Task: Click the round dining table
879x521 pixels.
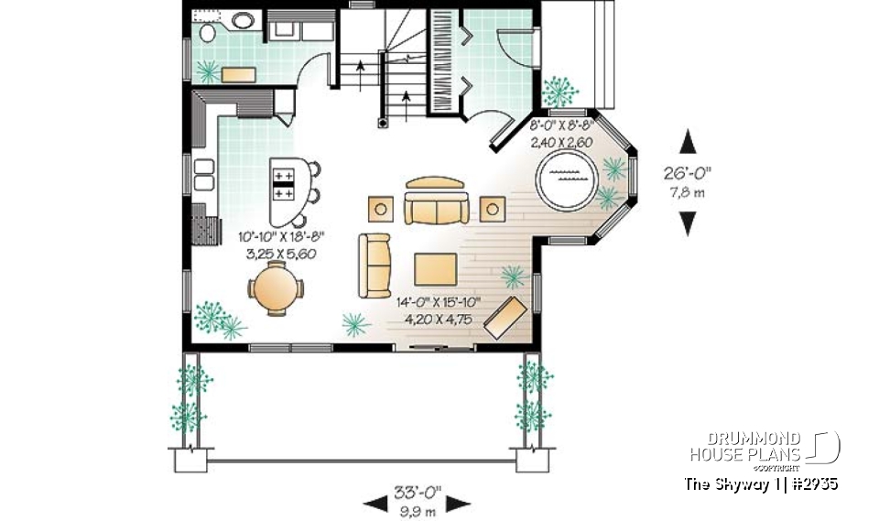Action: pos(275,288)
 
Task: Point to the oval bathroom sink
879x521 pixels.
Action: pos(243,20)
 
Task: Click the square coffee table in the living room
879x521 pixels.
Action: pos(435,268)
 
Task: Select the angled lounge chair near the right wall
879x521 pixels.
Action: pos(505,317)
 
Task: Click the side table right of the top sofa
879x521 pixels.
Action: pos(493,209)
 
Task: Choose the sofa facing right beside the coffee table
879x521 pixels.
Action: pos(374,266)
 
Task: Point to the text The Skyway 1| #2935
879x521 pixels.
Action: pos(761,483)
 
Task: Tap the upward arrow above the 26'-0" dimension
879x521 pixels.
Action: pos(689,142)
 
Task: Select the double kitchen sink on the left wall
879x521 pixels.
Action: pos(203,174)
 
